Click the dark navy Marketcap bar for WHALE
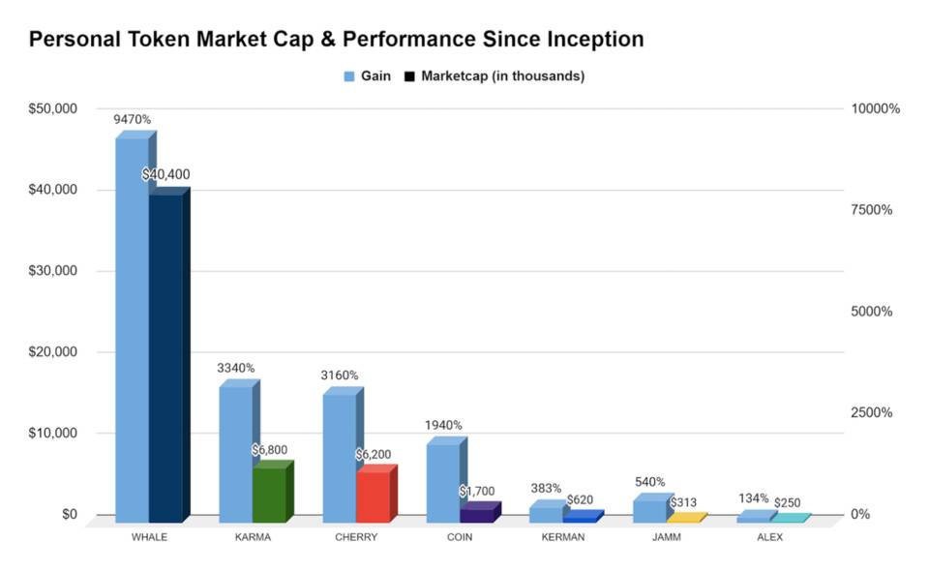pos(165,353)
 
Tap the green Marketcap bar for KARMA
pos(269,491)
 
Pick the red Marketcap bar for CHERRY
pos(373,494)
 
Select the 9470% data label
pos(133,120)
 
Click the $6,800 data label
pos(269,450)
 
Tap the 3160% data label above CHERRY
pos(339,375)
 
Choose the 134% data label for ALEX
pos(753,498)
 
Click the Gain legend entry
pos(368,75)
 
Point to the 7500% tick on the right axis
pos(872,210)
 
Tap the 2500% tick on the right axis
pos(872,413)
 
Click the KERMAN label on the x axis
pos(563,537)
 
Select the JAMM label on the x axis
pos(667,537)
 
